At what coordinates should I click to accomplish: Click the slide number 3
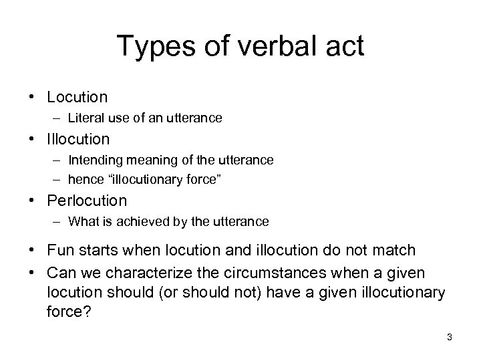[450, 337]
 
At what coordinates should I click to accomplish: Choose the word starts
[98, 250]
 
